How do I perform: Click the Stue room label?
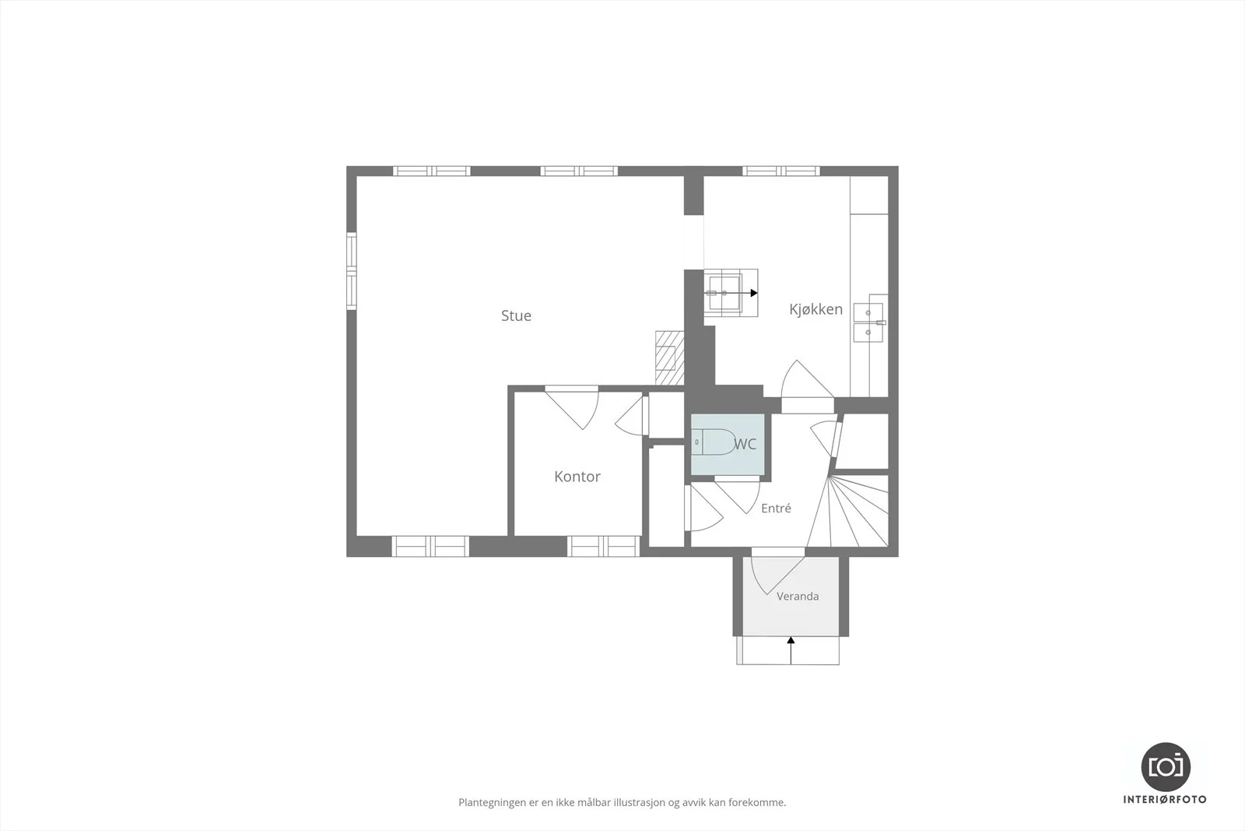516,316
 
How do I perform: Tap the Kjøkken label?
815,309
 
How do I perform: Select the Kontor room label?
577,477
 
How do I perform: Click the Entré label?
776,508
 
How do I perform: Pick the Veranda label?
798,597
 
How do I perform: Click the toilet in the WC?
713,442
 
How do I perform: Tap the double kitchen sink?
868,322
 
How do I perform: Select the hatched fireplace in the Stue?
669,357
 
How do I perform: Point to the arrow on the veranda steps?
791,650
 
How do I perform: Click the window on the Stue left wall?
351,271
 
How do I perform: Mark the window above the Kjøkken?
781,171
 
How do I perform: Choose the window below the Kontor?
604,546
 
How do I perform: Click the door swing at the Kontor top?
572,408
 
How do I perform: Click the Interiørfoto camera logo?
1166,766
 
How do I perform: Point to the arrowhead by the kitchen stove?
754,293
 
